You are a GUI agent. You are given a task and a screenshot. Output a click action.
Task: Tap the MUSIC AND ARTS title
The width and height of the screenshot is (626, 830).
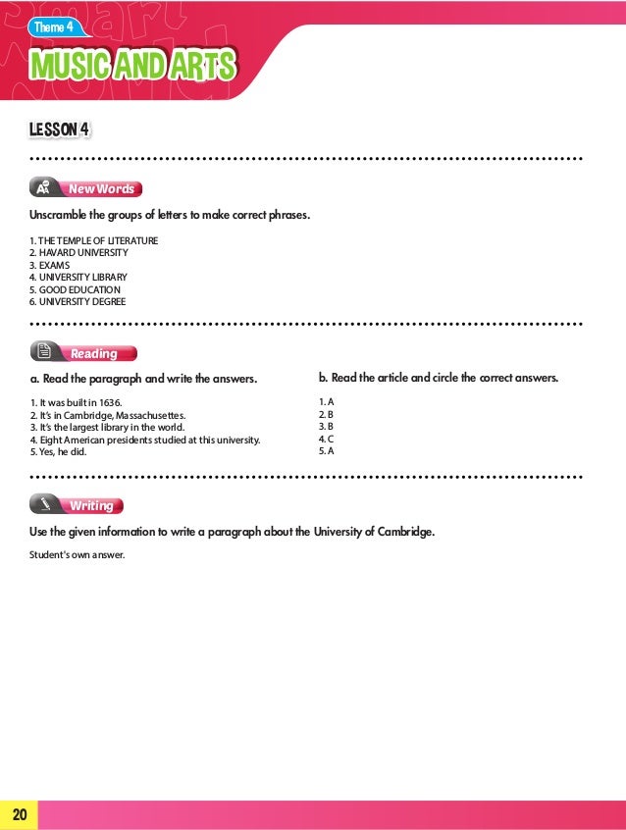coord(133,67)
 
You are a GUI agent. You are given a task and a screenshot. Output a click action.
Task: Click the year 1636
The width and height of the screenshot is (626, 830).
coord(111,402)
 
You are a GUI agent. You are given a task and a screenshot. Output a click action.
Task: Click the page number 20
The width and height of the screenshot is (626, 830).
coord(19,814)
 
